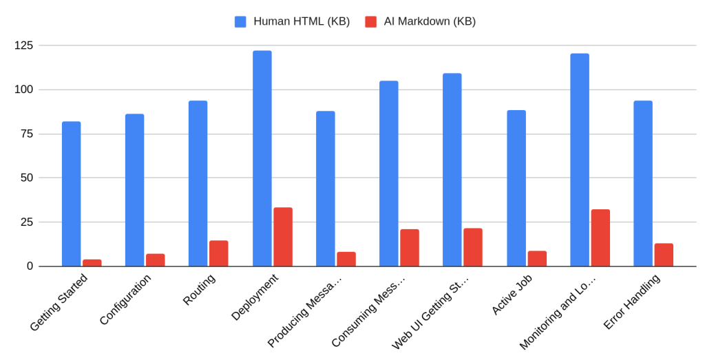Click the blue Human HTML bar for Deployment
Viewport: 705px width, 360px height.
pyautogui.click(x=262, y=158)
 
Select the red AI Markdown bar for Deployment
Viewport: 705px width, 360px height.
pyautogui.click(x=283, y=237)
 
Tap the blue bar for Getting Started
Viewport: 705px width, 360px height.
pyautogui.click(x=71, y=194)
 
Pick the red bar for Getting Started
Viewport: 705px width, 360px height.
pyautogui.click(x=92, y=263)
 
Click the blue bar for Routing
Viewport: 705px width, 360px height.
pyautogui.click(x=198, y=183)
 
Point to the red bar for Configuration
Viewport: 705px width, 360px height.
pyautogui.click(x=156, y=260)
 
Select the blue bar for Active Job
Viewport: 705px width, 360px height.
pyautogui.click(x=516, y=188)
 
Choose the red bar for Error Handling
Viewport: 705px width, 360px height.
pyautogui.click(x=664, y=255)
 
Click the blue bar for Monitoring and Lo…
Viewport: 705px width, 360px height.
pyautogui.click(x=580, y=160)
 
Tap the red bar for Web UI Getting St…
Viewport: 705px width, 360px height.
pyautogui.click(x=473, y=247)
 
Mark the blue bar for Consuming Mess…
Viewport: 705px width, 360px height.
pyautogui.click(x=389, y=173)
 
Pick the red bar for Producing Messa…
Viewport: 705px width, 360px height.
pyautogui.click(x=346, y=259)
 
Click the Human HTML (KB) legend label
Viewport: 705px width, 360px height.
pyautogui.click(x=302, y=21)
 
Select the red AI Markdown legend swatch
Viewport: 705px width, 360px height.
pyautogui.click(x=371, y=21)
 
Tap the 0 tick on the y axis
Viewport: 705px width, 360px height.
pyautogui.click(x=30, y=266)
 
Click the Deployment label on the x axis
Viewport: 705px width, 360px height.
pyautogui.click(x=255, y=297)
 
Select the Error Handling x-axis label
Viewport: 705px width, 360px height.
pyautogui.click(x=631, y=302)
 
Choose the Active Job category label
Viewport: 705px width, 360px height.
pyautogui.click(x=512, y=295)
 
